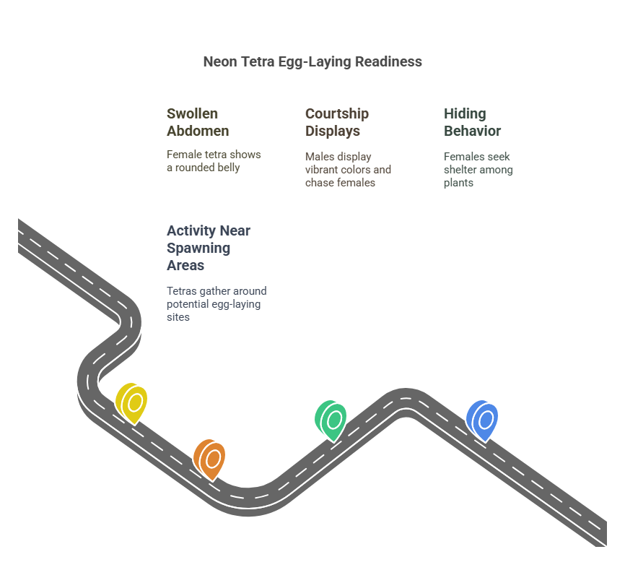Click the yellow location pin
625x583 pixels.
(131, 403)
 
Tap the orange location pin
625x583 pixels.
(209, 459)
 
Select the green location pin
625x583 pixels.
(331, 420)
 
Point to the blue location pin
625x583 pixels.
(482, 420)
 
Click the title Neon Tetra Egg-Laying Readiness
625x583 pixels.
(312, 62)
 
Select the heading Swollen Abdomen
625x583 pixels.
(198, 122)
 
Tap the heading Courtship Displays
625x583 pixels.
(337, 122)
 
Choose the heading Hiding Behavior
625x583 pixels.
(472, 122)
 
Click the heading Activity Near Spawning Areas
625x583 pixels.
(208, 248)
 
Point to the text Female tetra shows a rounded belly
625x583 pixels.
(214, 161)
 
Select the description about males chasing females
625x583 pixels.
(348, 170)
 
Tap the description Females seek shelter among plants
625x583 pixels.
(478, 170)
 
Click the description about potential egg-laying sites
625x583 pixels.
(217, 303)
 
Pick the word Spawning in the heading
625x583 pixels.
(198, 249)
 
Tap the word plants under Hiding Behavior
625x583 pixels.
(458, 183)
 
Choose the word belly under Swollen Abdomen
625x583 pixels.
(229, 168)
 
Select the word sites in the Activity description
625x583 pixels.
(178, 317)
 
